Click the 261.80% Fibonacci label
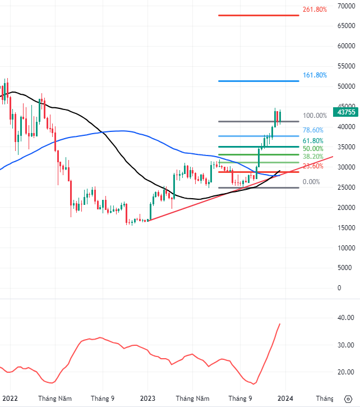[x=315, y=10]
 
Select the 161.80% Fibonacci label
[x=315, y=75]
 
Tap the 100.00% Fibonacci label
[x=315, y=116]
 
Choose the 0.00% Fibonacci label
[x=311, y=182]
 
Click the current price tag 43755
[x=347, y=112]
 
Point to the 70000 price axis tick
[x=348, y=6]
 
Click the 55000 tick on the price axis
[x=348, y=66]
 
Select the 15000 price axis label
[x=348, y=227]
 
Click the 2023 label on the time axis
[x=147, y=398]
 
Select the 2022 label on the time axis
[x=10, y=398]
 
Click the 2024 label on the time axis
[x=285, y=398]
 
